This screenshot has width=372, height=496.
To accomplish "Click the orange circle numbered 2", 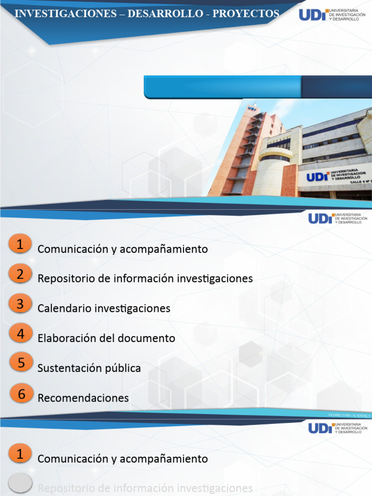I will pyautogui.click(x=20, y=275).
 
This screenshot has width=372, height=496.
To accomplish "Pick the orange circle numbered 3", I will pyautogui.click(x=20, y=304).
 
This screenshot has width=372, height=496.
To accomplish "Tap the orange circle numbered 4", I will pyautogui.click(x=20, y=334).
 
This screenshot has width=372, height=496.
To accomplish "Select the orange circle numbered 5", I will pyautogui.click(x=20, y=364).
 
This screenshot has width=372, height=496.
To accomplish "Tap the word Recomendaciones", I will pyautogui.click(x=83, y=398).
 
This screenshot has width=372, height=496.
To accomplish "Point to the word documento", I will pyautogui.click(x=145, y=338).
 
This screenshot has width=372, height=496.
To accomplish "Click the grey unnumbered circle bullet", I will pyautogui.click(x=20, y=483).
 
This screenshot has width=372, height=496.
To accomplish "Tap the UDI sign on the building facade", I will pyautogui.click(x=317, y=177).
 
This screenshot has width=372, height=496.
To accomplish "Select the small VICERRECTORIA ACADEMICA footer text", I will pyautogui.click(x=349, y=416).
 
